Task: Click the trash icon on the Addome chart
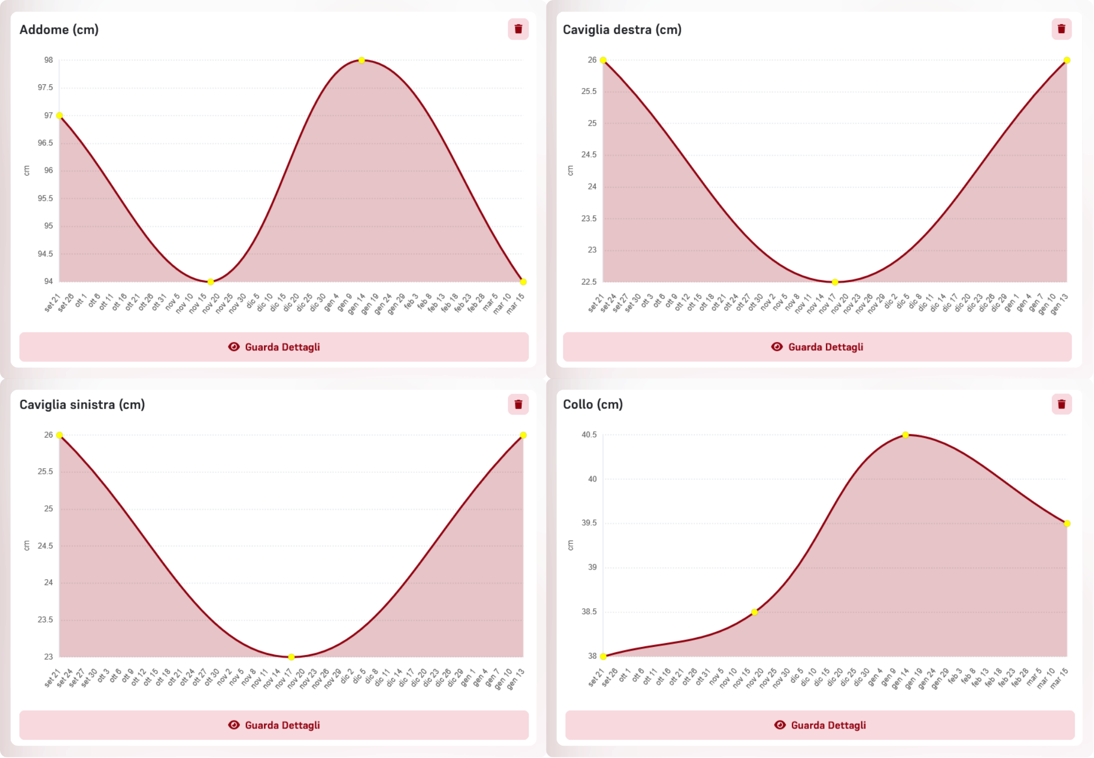point(518,29)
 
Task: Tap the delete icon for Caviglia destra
point(1061,29)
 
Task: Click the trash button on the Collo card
point(1061,404)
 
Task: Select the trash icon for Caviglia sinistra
point(518,404)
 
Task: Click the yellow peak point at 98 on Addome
point(362,60)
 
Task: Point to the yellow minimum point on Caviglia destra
point(835,282)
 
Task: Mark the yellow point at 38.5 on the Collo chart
point(754,612)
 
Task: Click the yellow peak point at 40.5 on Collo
point(906,435)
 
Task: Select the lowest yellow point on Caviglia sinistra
point(291,657)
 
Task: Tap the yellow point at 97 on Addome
point(60,115)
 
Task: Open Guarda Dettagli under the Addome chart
point(274,347)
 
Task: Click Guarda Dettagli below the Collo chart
point(820,725)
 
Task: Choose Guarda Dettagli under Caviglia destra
point(817,347)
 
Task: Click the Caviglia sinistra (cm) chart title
point(82,404)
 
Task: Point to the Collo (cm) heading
point(593,404)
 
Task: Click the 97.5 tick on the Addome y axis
point(45,88)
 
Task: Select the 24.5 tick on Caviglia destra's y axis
point(589,155)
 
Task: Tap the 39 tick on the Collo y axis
point(592,567)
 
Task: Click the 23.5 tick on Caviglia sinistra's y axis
point(45,619)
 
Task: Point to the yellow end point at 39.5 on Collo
point(1067,523)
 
